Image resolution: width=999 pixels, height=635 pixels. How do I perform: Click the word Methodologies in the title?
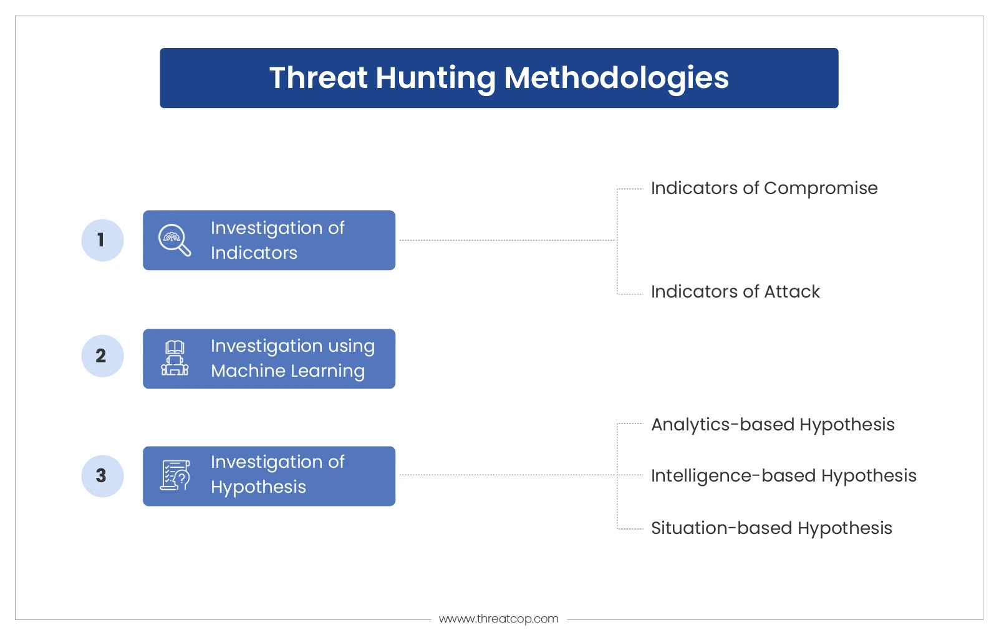coord(616,79)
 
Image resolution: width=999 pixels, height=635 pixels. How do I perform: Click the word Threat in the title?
coord(319,77)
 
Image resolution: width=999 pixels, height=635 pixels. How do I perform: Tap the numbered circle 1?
coord(102,240)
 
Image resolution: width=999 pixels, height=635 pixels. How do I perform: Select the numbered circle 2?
coord(102,356)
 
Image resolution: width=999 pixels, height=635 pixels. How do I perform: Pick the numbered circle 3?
coord(102,476)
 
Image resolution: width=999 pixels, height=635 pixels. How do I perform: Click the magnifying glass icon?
coord(175,240)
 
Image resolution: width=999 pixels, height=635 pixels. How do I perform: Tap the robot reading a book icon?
coord(175,358)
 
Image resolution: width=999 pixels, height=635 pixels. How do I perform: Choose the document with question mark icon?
coord(175,476)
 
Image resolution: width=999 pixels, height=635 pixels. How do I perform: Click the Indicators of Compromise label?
coord(764,188)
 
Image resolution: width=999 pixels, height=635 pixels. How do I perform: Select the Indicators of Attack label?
coord(735,292)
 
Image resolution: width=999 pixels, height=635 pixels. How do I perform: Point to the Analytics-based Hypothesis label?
coord(773,425)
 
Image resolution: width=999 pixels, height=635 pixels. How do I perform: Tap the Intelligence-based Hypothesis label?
coord(784,476)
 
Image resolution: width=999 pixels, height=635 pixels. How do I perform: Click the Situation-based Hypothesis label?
coord(771,528)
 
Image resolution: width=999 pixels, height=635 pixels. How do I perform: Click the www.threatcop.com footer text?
coord(499,619)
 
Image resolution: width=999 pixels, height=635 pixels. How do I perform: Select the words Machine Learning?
coord(287,371)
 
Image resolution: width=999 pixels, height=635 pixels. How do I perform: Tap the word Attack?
coord(791,292)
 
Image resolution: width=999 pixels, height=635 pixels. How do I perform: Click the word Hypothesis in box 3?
coord(258,487)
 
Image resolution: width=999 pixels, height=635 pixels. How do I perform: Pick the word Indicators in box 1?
coord(254,253)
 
